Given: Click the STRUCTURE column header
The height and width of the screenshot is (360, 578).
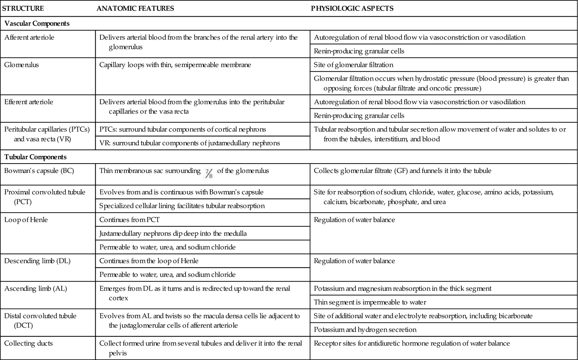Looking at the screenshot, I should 23,8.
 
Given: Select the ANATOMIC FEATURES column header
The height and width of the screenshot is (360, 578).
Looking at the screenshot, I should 135,8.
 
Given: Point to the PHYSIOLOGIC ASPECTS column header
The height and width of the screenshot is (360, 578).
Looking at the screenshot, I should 352,8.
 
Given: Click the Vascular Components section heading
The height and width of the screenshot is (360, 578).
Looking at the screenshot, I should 37,23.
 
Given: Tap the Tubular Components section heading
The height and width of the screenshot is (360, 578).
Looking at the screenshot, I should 35,157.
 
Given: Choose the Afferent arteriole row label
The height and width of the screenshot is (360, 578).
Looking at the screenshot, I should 29,38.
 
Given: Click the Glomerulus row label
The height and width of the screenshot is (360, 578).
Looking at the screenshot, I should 22,65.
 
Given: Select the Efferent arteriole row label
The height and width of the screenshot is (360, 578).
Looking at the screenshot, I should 29,102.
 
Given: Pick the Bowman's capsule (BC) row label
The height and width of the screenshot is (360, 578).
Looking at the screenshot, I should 39,171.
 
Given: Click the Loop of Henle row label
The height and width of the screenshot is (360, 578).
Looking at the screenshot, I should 26,220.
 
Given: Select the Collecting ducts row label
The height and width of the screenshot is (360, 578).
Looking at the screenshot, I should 29,343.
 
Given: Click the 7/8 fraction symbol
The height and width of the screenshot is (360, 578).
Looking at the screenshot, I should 209,173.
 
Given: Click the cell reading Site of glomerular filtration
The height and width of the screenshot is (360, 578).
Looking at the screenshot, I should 353,65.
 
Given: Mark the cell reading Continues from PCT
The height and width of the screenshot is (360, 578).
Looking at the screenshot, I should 129,220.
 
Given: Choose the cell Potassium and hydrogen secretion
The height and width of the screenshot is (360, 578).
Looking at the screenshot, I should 365,330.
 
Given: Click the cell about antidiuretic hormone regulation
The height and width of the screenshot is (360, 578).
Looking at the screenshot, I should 412,343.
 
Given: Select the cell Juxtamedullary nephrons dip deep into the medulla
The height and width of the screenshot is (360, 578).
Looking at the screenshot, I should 173,234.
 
